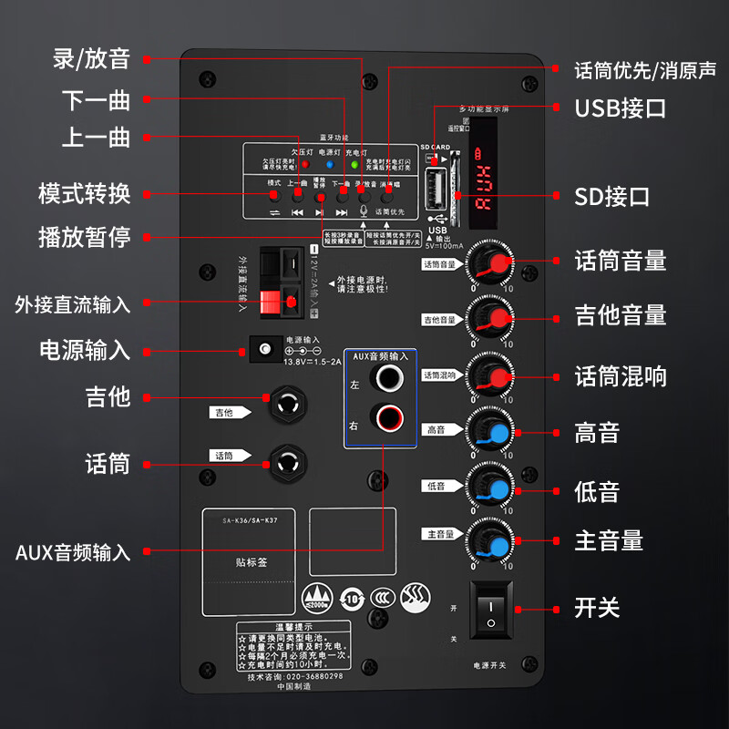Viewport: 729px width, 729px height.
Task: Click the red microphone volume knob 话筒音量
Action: click(491, 263)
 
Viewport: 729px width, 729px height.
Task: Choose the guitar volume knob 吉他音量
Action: click(491, 318)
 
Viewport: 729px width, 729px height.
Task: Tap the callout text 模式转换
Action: click(84, 193)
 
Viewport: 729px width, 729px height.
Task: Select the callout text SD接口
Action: click(611, 196)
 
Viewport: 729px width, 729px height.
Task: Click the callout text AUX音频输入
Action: click(73, 552)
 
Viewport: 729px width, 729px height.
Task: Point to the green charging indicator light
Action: click(354, 165)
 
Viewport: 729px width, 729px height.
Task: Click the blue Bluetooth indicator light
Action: click(330, 165)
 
